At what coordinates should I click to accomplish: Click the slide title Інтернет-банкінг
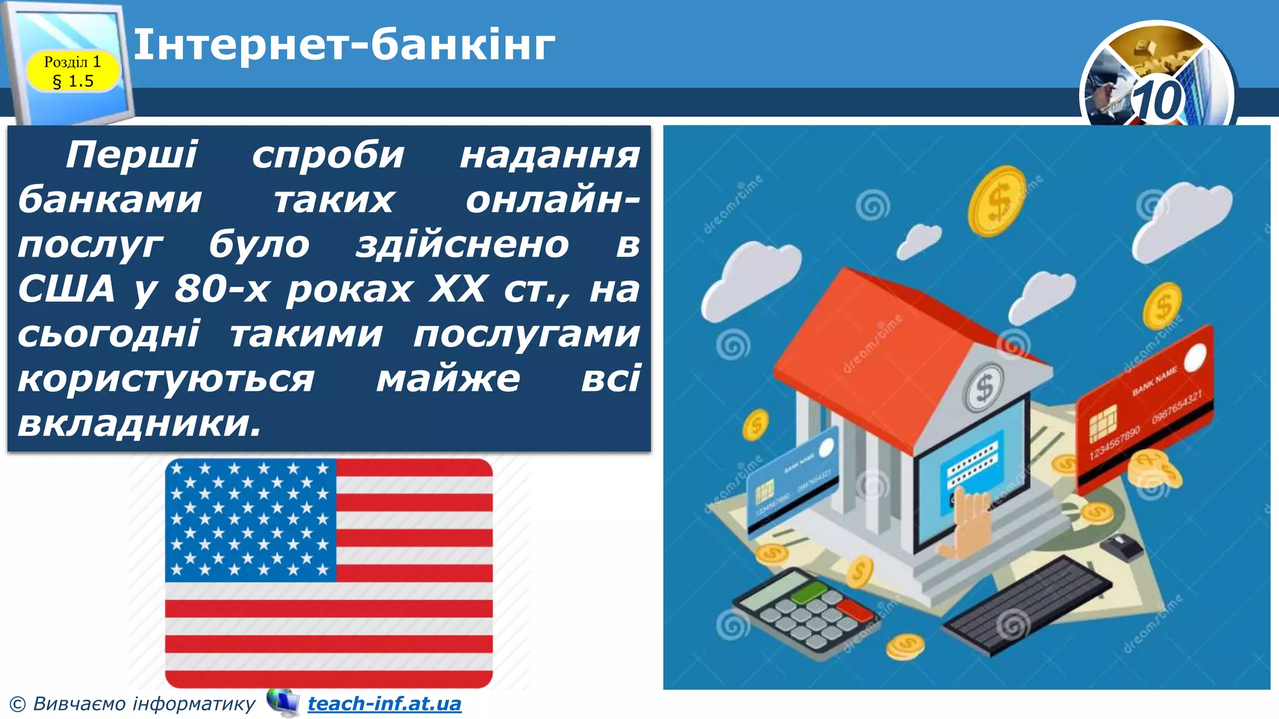344,45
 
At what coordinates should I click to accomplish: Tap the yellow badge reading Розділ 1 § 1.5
72,71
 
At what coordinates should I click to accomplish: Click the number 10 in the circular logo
1158,100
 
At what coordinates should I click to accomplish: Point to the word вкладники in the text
139,423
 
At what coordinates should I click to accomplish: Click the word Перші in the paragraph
132,154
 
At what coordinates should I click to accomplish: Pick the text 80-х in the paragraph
222,289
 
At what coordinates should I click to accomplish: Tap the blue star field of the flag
250,520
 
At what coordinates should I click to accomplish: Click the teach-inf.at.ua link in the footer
384,703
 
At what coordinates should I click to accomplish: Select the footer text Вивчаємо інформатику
144,704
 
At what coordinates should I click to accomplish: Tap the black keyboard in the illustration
1027,604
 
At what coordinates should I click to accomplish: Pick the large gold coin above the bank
997,201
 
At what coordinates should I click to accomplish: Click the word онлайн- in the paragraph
552,200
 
